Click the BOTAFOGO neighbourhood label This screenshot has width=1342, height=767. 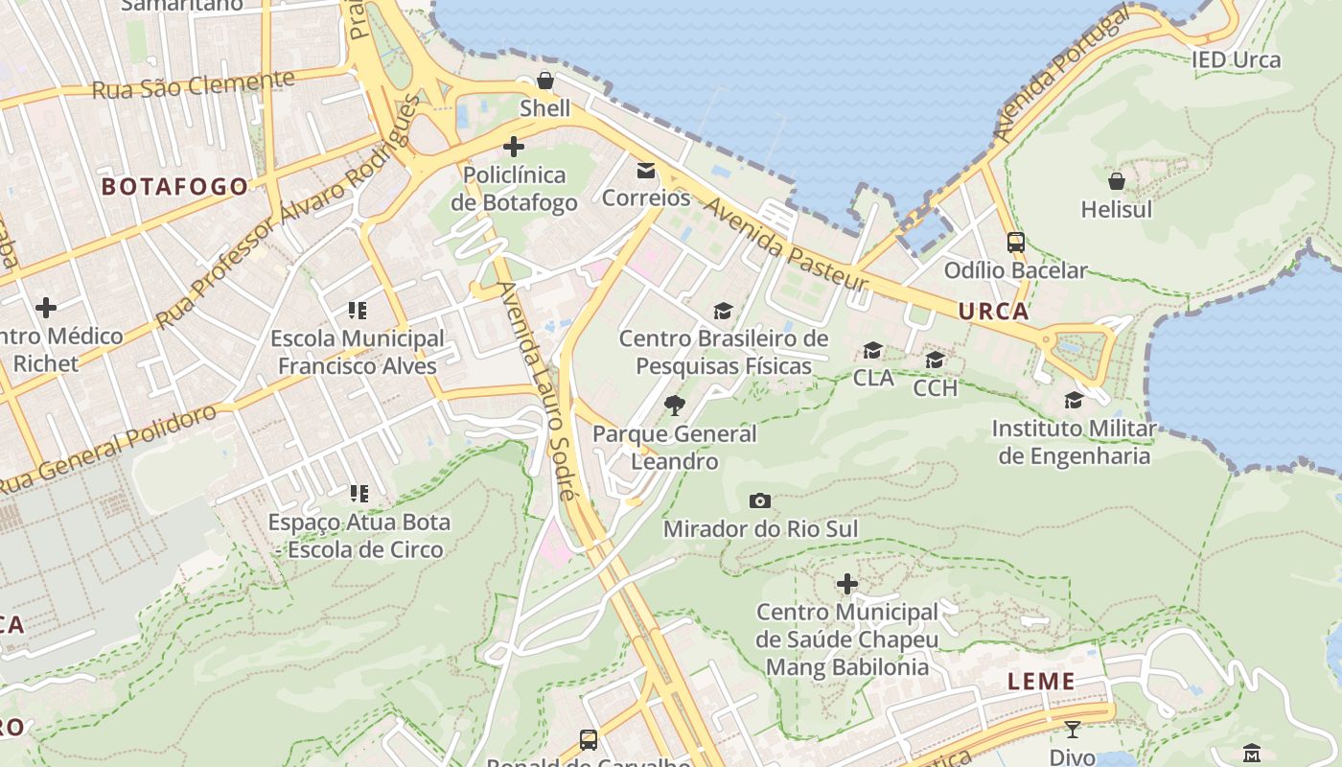pyautogui.click(x=175, y=186)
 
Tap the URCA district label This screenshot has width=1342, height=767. pyautogui.click(x=993, y=311)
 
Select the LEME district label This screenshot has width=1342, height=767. pyautogui.click(x=1041, y=682)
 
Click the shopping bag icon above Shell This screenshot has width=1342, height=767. pyautogui.click(x=544, y=81)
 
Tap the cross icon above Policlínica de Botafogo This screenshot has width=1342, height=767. pyautogui.click(x=514, y=147)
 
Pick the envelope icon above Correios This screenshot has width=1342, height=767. pyautogui.click(x=646, y=171)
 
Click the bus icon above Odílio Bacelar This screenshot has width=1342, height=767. pyautogui.click(x=1016, y=243)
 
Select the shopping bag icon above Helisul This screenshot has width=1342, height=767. pyautogui.click(x=1117, y=180)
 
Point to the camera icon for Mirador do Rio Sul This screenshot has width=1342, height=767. pyautogui.click(x=760, y=500)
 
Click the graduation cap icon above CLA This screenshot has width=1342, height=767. pyautogui.click(x=872, y=350)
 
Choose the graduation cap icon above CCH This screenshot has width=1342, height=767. pyautogui.click(x=935, y=360)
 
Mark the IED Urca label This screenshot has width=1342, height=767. pyautogui.click(x=1237, y=59)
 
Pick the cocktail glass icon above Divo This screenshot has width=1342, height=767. pyautogui.click(x=1073, y=730)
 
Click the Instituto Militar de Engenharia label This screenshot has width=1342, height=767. pyautogui.click(x=1074, y=442)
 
